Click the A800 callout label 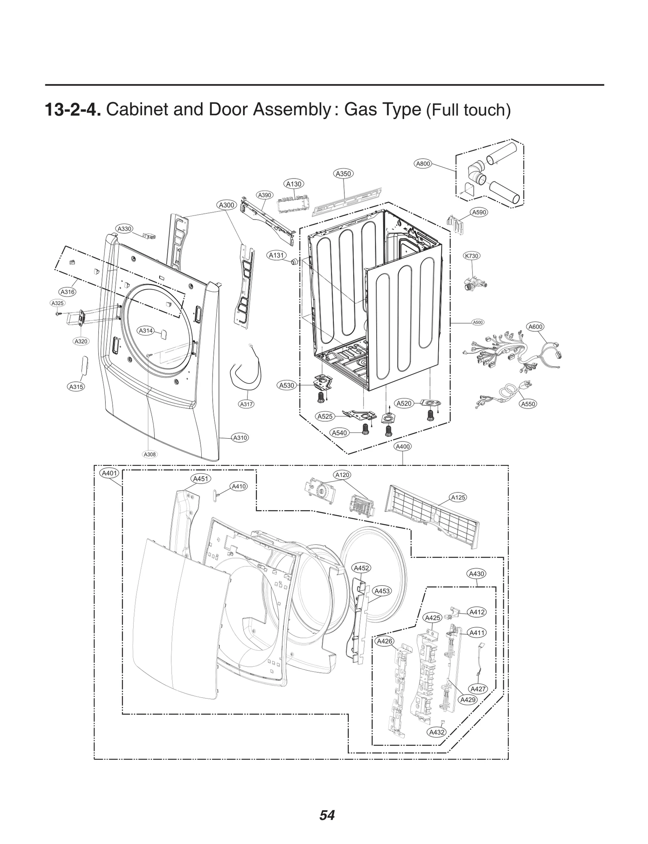[423, 164]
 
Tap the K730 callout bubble [471, 256]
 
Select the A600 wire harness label [535, 326]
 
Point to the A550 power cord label [528, 404]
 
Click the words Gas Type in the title [382, 109]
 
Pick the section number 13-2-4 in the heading [72, 110]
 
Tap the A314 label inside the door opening [146, 330]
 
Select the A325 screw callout [58, 303]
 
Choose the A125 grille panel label [458, 497]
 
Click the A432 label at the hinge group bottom [437, 732]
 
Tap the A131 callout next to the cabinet [277, 255]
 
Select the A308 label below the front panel [149, 454]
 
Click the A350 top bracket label [343, 173]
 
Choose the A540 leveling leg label [339, 433]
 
